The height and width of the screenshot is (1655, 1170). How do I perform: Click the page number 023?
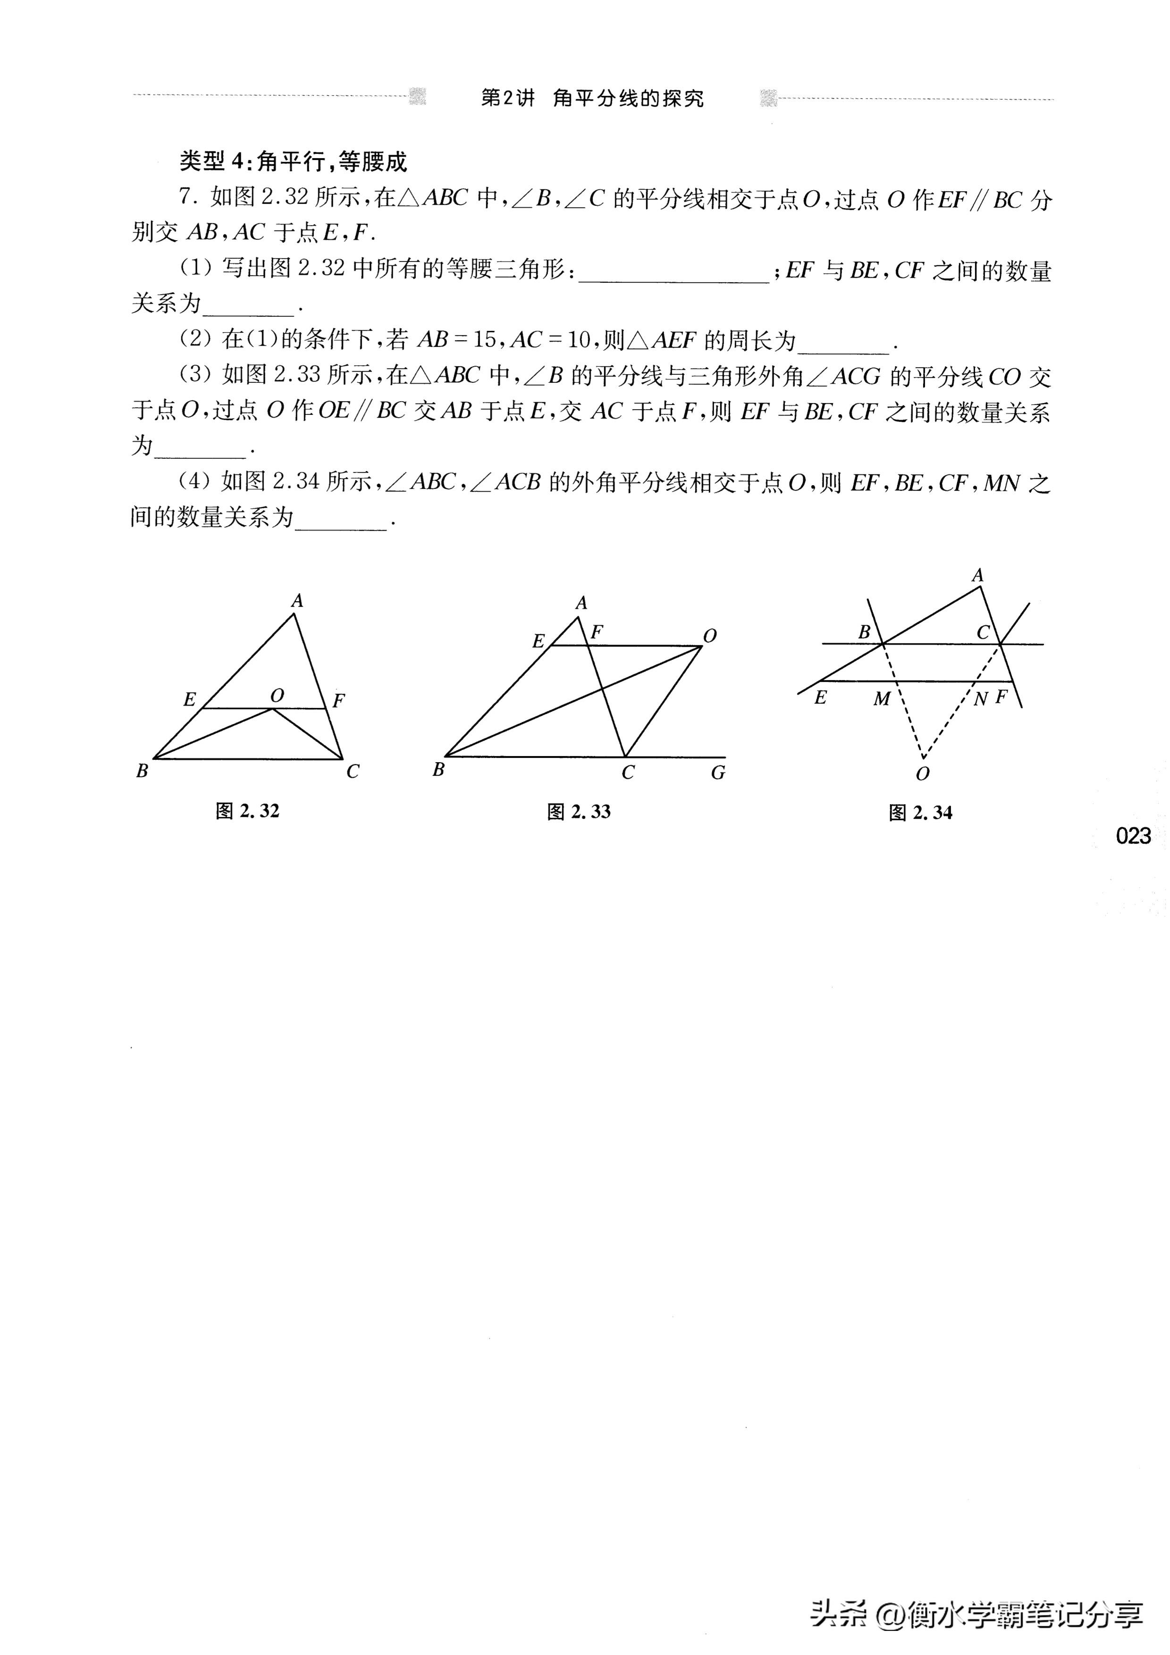pyautogui.click(x=1133, y=836)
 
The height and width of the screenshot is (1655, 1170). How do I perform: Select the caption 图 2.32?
pyautogui.click(x=247, y=811)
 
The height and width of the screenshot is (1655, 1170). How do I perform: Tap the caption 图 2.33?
pyautogui.click(x=579, y=812)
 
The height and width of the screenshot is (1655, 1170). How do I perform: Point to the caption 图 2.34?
pyautogui.click(x=921, y=813)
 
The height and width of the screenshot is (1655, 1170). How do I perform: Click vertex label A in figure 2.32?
pyautogui.click(x=296, y=600)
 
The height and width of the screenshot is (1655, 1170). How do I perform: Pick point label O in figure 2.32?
pyautogui.click(x=277, y=696)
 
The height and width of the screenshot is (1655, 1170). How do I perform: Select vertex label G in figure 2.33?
pyautogui.click(x=718, y=773)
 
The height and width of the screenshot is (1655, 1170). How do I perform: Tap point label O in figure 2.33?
pyautogui.click(x=710, y=636)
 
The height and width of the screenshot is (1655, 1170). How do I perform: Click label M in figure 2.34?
pyautogui.click(x=882, y=698)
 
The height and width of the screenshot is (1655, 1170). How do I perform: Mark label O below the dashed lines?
pyautogui.click(x=922, y=774)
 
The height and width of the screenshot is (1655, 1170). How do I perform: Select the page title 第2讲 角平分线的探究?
pyautogui.click(x=592, y=99)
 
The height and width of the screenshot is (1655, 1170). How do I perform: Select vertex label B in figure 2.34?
pyautogui.click(x=864, y=632)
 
